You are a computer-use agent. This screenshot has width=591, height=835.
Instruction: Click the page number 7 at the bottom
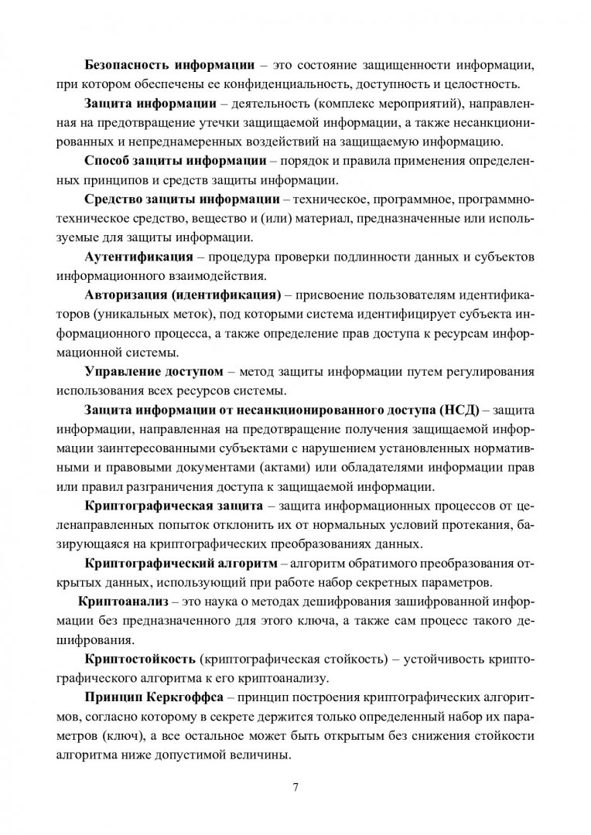[295, 788]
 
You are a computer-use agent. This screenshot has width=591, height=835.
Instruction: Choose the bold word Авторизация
[124, 295]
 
